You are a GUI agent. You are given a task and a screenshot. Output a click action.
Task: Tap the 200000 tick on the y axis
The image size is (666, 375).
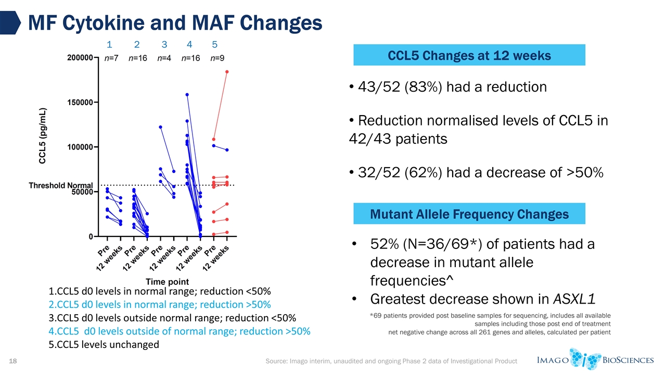point(80,58)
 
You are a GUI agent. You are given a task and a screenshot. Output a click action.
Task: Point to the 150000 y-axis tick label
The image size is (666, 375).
point(80,103)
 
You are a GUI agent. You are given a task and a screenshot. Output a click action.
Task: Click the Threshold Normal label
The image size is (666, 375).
point(60,186)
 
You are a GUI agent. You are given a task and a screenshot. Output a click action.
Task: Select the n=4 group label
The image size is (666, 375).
point(164,59)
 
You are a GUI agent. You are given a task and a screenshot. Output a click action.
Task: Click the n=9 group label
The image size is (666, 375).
point(217,59)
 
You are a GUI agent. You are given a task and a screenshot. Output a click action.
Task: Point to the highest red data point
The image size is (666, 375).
point(227,72)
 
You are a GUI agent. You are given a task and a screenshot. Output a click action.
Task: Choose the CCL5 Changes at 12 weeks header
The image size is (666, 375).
point(469,55)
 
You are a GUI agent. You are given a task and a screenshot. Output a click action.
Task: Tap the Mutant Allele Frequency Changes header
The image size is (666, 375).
point(469,214)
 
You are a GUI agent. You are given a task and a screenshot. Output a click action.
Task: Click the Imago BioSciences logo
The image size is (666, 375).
point(594,359)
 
